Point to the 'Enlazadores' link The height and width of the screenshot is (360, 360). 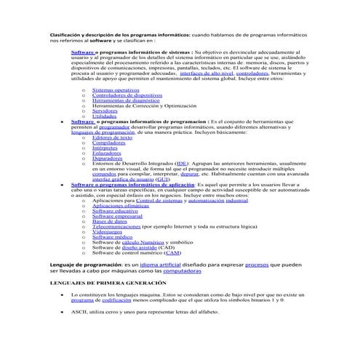pos(107,153)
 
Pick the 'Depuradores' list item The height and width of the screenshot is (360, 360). pos(107,159)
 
